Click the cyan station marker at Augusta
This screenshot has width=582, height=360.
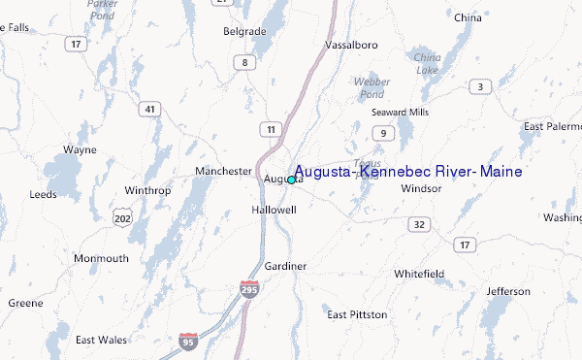[x=291, y=180]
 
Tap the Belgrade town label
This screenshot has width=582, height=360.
[x=244, y=32]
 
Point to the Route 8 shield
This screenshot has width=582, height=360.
[x=245, y=63]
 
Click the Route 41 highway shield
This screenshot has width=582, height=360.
[x=148, y=110]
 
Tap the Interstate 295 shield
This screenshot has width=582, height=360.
[x=250, y=289]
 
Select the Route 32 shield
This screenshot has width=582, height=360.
[x=419, y=224]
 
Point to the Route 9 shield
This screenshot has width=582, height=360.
[x=384, y=133]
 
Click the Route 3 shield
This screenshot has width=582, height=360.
[x=479, y=87]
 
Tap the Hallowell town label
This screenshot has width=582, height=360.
[x=273, y=210]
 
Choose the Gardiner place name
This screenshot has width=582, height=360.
[x=285, y=266]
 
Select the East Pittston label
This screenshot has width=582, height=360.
[x=357, y=314]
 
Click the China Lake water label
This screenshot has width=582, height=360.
[x=427, y=64]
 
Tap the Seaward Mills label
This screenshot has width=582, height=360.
[x=399, y=112]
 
